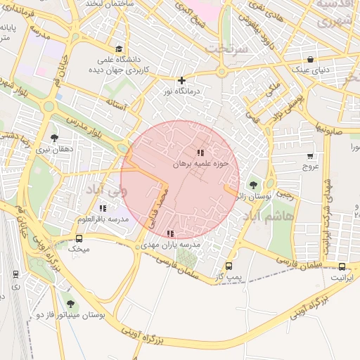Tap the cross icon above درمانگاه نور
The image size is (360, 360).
click(x=182, y=80)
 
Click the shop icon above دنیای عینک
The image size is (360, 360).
click(x=310, y=59)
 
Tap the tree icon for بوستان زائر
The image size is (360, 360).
click(x=253, y=186)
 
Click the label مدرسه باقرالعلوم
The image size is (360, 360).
click(x=103, y=219)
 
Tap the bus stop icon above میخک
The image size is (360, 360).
click(x=79, y=238)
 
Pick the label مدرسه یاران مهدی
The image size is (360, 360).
click(x=170, y=245)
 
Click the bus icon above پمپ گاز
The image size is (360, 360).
click(x=229, y=266)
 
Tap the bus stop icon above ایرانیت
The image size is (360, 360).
click(x=342, y=266)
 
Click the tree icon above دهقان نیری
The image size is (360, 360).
click(x=54, y=138)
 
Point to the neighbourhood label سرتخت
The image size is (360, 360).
click(x=224, y=49)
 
